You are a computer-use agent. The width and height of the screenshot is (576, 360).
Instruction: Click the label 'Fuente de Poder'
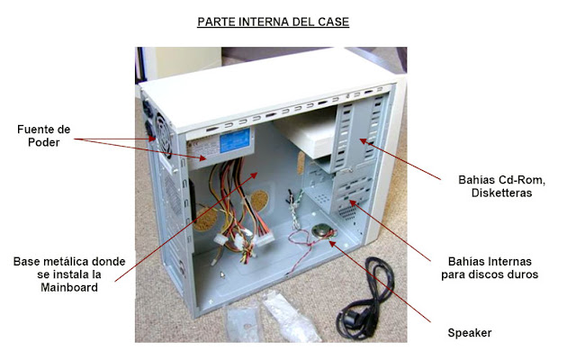(43, 136)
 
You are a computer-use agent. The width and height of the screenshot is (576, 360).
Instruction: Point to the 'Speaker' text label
(469, 333)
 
